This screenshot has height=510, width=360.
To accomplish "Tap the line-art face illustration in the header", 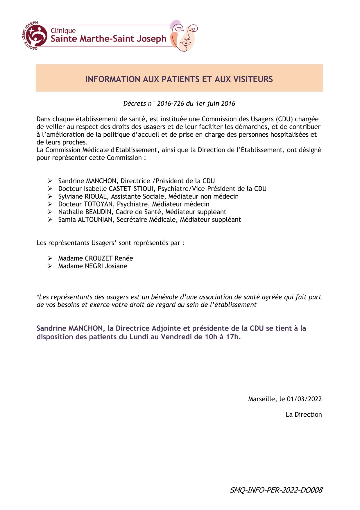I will (x=184, y=36).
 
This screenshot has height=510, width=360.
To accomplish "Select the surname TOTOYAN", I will (x=98, y=204).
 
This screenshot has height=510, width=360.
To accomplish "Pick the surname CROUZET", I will (x=98, y=258).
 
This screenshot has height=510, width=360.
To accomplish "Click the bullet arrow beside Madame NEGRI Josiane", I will (x=50, y=266).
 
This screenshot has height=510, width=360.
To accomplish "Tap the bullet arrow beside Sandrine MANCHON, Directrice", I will (x=50, y=181).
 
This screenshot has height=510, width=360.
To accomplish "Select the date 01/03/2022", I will (x=304, y=399).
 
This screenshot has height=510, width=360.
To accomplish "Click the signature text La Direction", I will (x=304, y=414).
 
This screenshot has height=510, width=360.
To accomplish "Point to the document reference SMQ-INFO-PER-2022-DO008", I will (x=276, y=490).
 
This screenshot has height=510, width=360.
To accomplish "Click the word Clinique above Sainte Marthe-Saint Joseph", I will (x=63, y=31).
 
